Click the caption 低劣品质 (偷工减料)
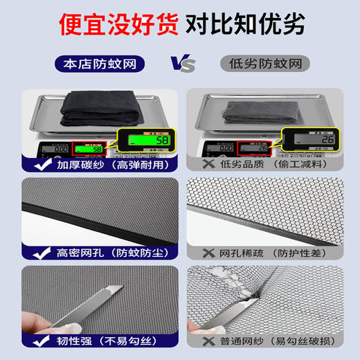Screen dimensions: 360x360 click(271, 166)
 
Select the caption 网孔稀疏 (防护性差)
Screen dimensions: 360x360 click(271, 253)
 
